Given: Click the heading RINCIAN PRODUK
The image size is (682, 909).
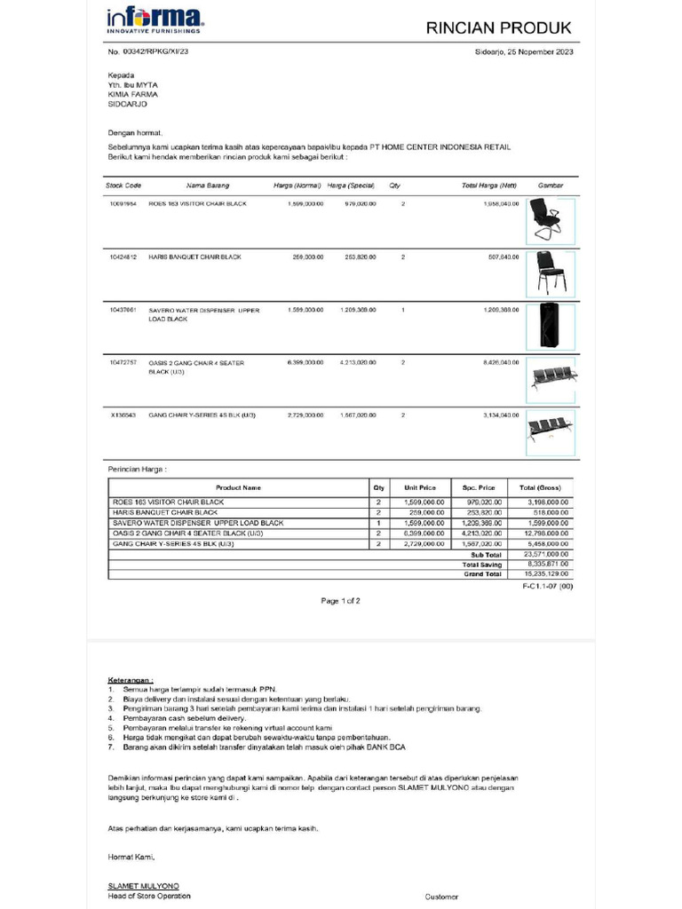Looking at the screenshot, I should (499, 28).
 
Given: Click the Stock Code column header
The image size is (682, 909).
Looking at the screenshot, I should (123, 186).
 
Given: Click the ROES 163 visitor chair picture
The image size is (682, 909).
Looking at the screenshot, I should (544, 219).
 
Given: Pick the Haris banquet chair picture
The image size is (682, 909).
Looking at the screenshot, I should (544, 273).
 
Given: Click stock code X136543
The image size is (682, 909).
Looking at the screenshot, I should (123, 415).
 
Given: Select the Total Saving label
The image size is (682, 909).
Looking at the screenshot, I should (482, 564).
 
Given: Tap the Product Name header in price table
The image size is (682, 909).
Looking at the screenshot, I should (238, 487).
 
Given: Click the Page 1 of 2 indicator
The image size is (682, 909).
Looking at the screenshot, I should (340, 601).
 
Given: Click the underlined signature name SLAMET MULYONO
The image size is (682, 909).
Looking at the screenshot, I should (143, 886).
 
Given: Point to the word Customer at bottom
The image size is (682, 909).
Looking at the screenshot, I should (441, 897).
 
